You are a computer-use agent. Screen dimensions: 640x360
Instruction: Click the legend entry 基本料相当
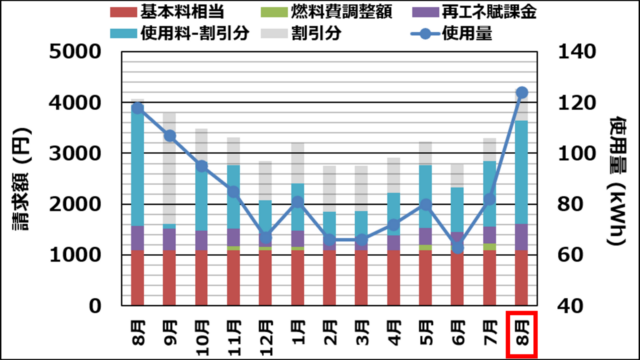coord(167,11)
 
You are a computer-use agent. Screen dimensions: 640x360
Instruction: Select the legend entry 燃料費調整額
coord(327,11)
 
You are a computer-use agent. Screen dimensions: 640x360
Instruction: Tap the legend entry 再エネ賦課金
coord(473,11)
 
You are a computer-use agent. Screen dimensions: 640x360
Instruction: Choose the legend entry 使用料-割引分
coord(180,33)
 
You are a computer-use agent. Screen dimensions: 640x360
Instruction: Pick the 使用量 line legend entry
coord(451,33)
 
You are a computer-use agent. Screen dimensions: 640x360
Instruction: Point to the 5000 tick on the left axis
coord(75,52)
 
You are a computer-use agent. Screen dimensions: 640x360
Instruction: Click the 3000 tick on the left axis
coord(75,153)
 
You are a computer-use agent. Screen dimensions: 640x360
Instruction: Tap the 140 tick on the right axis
coord(577,52)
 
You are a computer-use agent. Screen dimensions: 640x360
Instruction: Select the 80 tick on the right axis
coord(571,204)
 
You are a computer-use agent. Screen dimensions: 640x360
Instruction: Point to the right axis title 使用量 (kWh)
coord(618,181)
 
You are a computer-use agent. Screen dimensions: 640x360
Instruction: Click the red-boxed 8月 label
coord(522,334)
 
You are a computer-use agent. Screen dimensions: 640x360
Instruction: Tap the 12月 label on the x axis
coord(266,338)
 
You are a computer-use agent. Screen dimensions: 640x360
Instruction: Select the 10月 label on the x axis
coord(202,338)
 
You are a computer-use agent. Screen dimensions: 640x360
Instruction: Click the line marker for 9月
coord(170,136)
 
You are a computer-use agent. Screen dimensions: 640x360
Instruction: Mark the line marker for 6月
coord(458,247)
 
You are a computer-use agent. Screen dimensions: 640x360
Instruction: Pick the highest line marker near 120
coord(522,93)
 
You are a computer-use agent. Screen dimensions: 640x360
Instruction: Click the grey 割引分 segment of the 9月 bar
coord(170,168)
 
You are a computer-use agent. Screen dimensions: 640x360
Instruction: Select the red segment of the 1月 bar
coord(298,278)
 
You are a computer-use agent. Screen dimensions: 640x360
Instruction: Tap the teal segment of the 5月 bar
coord(426,196)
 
